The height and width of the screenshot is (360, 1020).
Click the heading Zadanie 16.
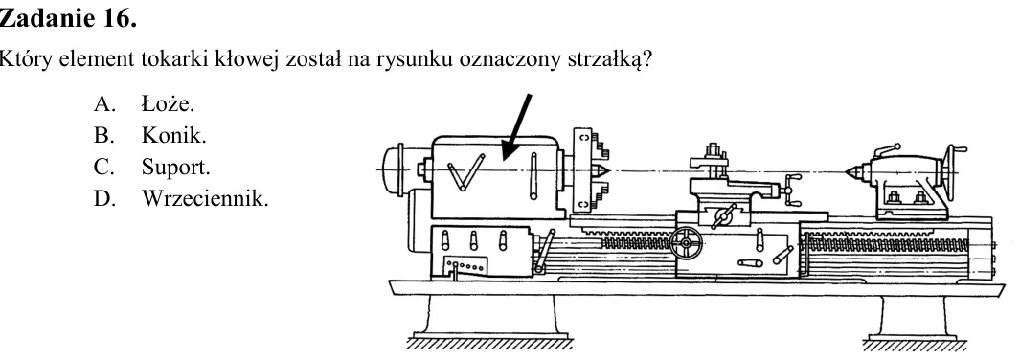click(x=68, y=18)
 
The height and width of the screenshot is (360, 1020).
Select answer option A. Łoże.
click(x=144, y=103)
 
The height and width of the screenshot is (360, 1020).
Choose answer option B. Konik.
click(x=149, y=135)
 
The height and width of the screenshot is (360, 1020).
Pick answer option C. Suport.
click(x=151, y=167)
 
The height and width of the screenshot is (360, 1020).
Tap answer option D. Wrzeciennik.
click(x=180, y=198)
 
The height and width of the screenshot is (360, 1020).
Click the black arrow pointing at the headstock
click(x=517, y=126)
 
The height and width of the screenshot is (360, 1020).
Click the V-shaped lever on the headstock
click(x=466, y=172)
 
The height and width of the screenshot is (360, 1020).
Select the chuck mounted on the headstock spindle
click(x=589, y=170)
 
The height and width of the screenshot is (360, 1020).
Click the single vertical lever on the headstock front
click(x=534, y=175)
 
